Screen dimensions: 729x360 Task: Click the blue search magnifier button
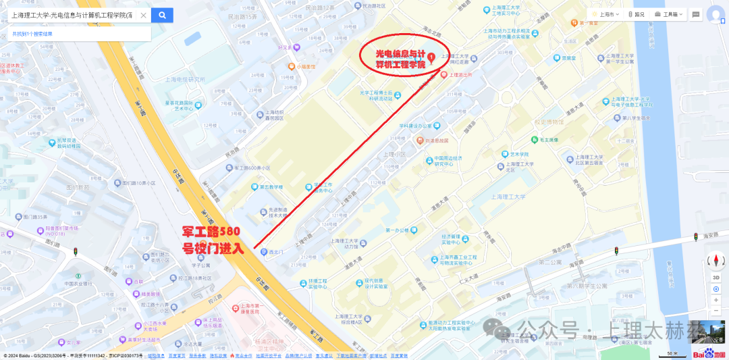tap(162, 15)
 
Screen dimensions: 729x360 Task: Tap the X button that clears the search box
tap(143, 15)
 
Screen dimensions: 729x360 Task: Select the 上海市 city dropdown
tap(605, 14)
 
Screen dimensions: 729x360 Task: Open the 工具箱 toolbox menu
tap(670, 14)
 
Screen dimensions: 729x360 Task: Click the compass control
tap(715, 261)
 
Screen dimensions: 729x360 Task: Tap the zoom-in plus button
tap(715, 300)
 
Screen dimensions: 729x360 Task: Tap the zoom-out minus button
tap(715, 311)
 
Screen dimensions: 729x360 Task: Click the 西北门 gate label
tap(273, 253)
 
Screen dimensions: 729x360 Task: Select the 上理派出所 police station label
tap(461, 75)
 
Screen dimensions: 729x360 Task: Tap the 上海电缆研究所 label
tap(184, 79)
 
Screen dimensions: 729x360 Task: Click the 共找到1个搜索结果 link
tap(32, 33)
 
